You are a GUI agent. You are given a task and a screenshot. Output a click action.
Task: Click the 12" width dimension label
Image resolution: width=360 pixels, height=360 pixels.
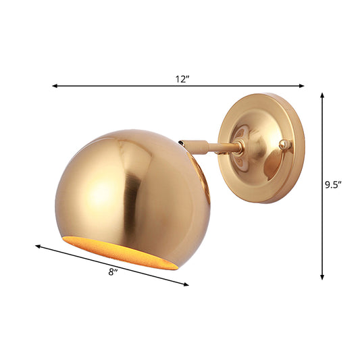(180, 79)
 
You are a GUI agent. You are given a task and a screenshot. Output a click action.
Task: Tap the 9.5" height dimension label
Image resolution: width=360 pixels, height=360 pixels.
(332, 184)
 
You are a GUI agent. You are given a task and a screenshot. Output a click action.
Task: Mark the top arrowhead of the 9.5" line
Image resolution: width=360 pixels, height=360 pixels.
(323, 97)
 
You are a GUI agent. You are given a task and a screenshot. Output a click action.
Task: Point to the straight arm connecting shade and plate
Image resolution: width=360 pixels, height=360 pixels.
(216, 147)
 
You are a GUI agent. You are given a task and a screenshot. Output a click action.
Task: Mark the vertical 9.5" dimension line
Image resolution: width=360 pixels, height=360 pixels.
(323, 223)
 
